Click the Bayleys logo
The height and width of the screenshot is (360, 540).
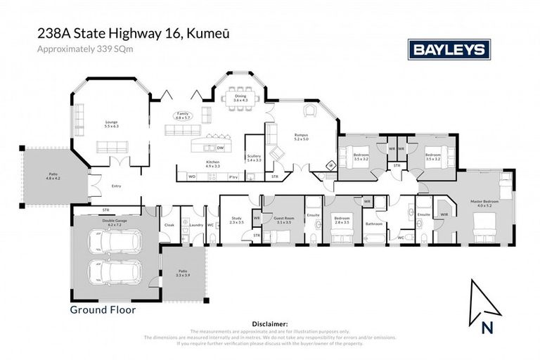[x=449, y=49]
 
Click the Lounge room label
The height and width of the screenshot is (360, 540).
[x=112, y=124]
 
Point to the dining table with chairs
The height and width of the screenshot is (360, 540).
[x=241, y=91]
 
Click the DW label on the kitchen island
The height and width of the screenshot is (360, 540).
[x=220, y=148]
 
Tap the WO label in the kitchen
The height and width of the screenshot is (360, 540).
[x=191, y=176]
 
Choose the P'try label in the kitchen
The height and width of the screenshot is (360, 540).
[x=233, y=176]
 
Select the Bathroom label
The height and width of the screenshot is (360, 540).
[x=373, y=224]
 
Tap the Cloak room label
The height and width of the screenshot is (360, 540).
[x=169, y=225]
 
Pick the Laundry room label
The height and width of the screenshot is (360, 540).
[x=195, y=225]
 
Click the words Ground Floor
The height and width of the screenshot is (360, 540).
[x=103, y=309]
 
